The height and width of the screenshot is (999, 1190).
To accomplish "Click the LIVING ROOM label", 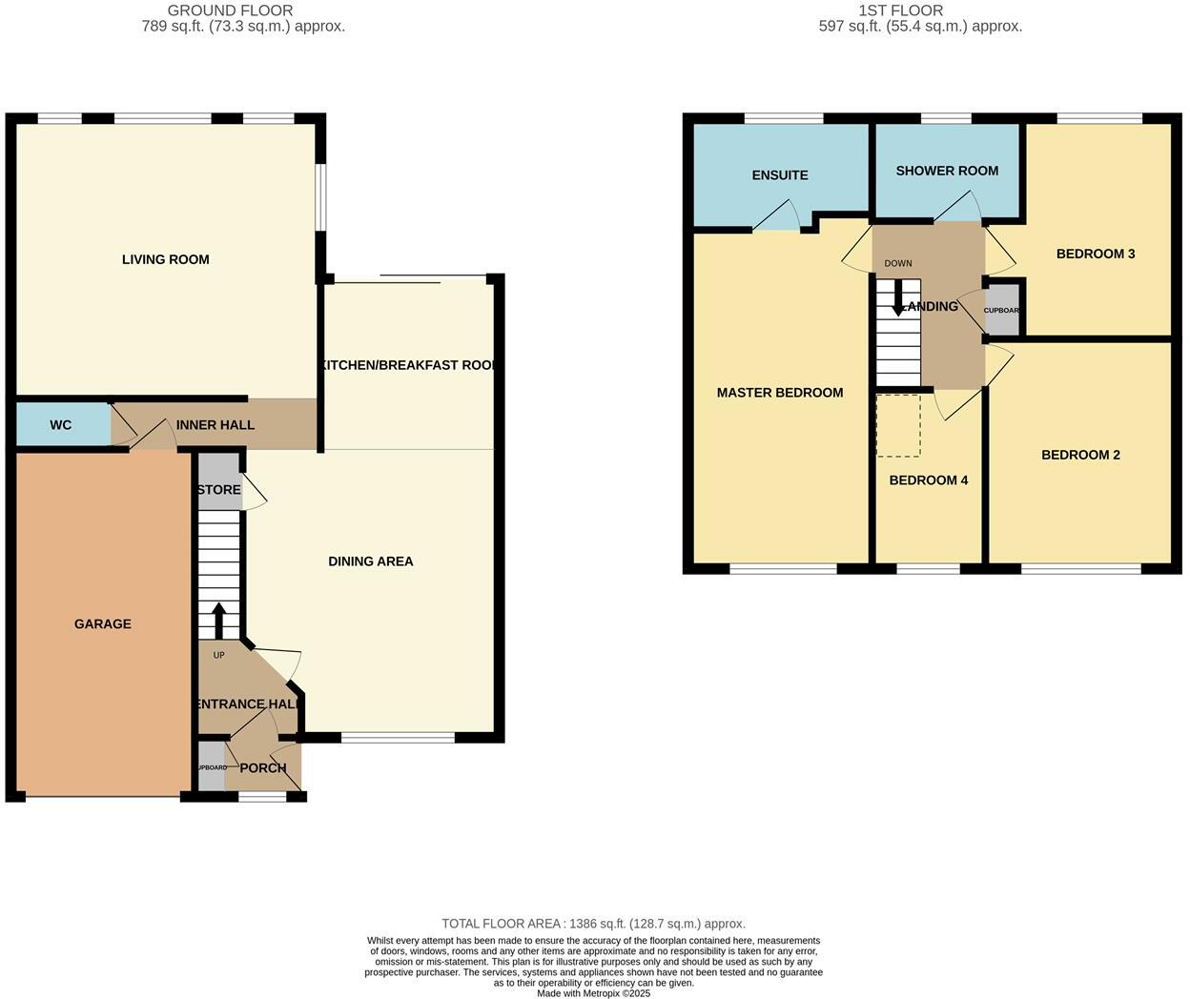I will tap(165, 259).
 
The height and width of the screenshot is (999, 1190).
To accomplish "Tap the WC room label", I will tap(60, 425).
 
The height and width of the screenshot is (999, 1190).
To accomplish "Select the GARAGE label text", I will tap(103, 624).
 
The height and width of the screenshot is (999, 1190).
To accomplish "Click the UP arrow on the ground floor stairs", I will tap(218, 621).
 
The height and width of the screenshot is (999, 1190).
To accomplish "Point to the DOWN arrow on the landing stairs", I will tap(898, 298).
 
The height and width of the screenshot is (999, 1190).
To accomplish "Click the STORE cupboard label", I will tap(218, 490).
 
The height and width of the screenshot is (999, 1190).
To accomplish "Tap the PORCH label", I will tap(263, 768).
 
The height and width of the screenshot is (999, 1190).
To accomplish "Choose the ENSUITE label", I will tap(779, 175).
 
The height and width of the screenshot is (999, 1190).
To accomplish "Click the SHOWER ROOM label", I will tap(947, 171).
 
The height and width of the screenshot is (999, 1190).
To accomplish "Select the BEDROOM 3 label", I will tap(1095, 254).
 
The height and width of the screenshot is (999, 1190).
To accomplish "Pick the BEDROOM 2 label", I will tap(1079, 455).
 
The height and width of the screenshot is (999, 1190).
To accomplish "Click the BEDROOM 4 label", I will tap(928, 480).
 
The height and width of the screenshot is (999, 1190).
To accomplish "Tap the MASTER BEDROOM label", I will tap(779, 393).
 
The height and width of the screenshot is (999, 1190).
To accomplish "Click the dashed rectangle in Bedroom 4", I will tap(898, 425).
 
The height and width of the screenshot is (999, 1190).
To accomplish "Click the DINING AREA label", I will tap(370, 561).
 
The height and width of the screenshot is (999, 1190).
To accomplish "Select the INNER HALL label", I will tap(215, 425).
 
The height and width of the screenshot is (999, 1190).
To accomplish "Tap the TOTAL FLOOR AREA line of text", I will tap(593, 924).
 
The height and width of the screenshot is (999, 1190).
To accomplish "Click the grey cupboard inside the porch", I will tap(212, 768).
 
